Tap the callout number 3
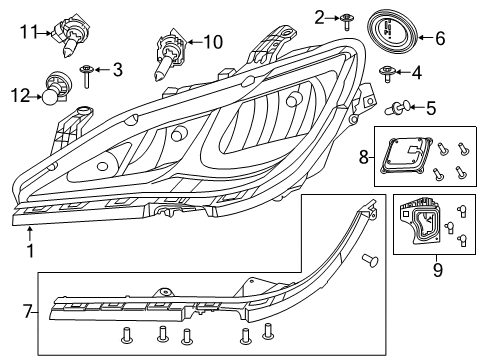point(117,69)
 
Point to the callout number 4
point(418,71)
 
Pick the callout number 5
point(431,107)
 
